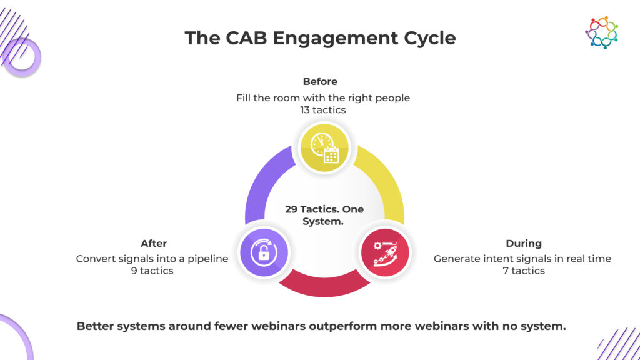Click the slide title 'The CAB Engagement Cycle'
tap(320, 38)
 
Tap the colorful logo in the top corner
tap(601, 32)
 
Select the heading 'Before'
tap(320, 82)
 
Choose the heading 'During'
tap(524, 243)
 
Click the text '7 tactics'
tap(524, 271)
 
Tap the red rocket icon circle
tap(385, 252)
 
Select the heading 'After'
tap(154, 243)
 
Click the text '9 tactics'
tap(152, 271)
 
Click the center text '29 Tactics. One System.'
tap(324, 214)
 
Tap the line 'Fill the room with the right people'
tap(323, 97)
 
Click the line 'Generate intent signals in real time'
tap(522, 258)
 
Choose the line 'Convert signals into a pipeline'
tap(152, 258)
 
